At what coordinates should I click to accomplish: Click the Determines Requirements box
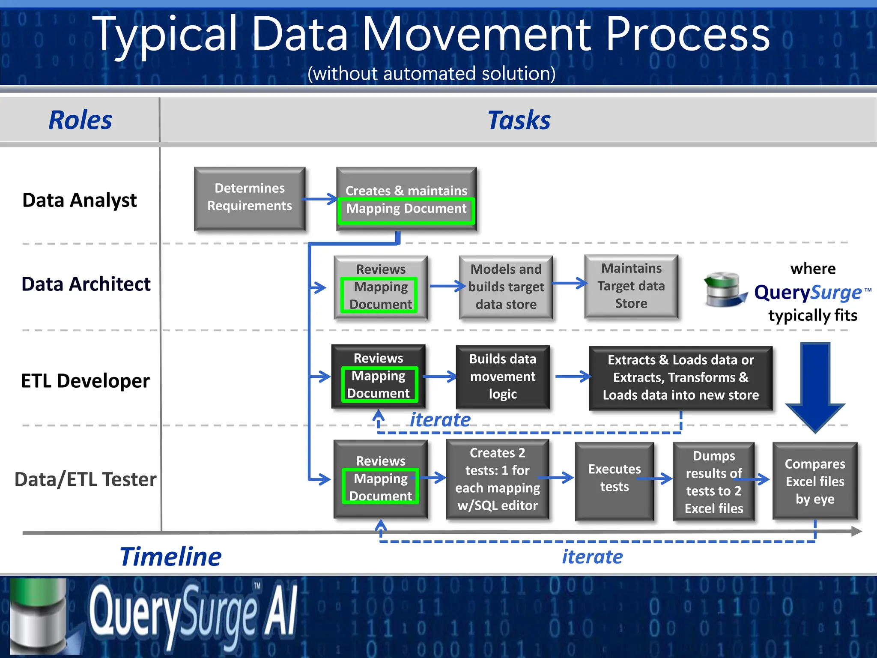coord(250,198)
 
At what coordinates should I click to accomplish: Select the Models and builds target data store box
coord(506,287)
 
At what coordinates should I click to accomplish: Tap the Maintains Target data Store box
coord(631,286)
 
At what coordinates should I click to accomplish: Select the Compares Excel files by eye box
coord(814,481)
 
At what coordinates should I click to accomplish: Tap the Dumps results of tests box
coord(713,482)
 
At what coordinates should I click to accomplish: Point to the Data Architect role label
coord(86,284)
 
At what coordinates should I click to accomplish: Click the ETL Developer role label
coord(85,381)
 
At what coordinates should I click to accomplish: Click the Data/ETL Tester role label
coord(85,479)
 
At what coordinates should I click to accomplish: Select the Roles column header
coord(80,120)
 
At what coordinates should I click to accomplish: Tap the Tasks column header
coord(519,120)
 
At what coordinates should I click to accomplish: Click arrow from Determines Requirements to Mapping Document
coord(320,199)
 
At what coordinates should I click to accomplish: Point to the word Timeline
coord(170,557)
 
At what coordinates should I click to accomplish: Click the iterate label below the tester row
coord(592,557)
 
